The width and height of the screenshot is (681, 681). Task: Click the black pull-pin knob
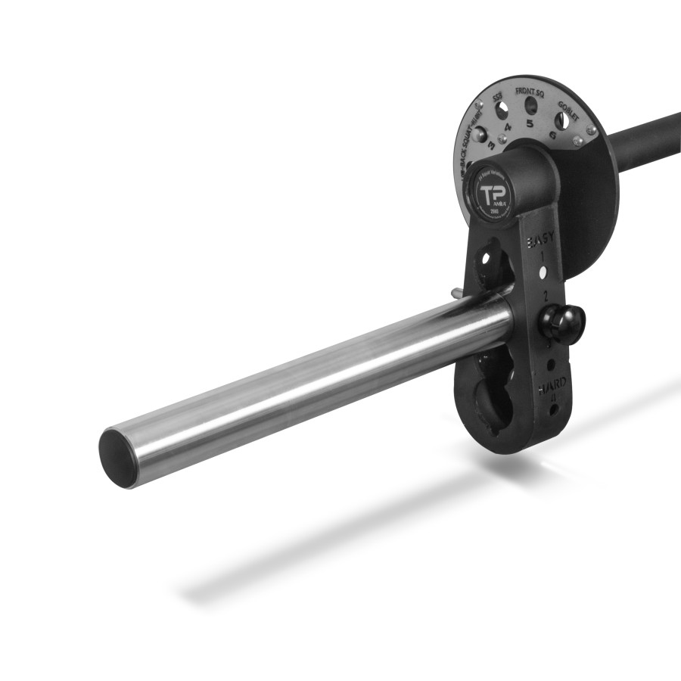pos(561,323)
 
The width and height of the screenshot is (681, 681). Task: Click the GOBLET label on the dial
pos(568,106)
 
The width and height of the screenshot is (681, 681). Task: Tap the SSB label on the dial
pos(497,98)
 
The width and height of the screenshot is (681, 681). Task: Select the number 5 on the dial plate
pos(530,123)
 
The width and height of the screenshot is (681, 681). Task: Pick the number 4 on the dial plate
pos(508,127)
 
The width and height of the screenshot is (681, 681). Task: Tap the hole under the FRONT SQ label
pos(531,105)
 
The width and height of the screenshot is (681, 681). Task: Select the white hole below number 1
pos(543,271)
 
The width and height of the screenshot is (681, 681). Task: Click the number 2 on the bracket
pos(545,293)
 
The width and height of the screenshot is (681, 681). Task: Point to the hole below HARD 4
pos(555,409)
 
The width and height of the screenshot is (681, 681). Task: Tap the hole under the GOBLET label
pos(561,120)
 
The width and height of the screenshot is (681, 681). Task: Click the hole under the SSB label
pos(501,111)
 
